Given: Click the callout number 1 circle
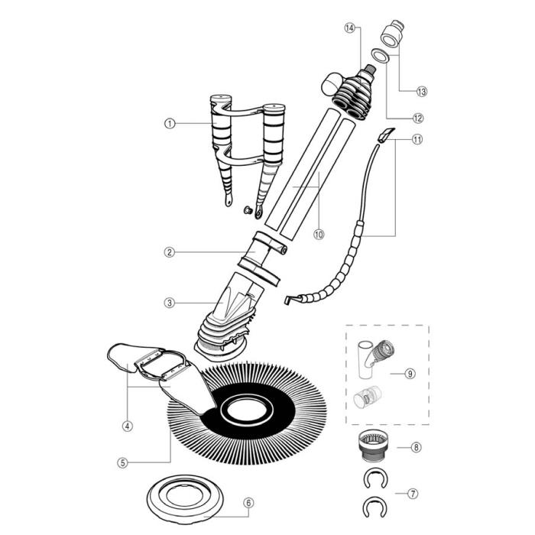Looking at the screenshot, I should click(170, 122).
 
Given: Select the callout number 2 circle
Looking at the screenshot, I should click(170, 251).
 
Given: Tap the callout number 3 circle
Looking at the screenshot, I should click(170, 303).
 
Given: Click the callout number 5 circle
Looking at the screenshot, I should click(122, 462).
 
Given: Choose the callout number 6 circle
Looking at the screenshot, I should click(248, 503).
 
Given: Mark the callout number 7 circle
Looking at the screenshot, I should click(412, 494).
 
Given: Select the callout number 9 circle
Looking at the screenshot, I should click(410, 374).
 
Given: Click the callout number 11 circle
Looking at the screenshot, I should click(417, 140).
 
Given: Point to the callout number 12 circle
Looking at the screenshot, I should click(417, 118).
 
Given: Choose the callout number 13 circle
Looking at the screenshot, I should click(421, 91).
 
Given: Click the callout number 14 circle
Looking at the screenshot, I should click(350, 28).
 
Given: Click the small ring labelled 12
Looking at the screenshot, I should click(378, 55).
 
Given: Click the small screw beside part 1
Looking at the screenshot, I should click(247, 209).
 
